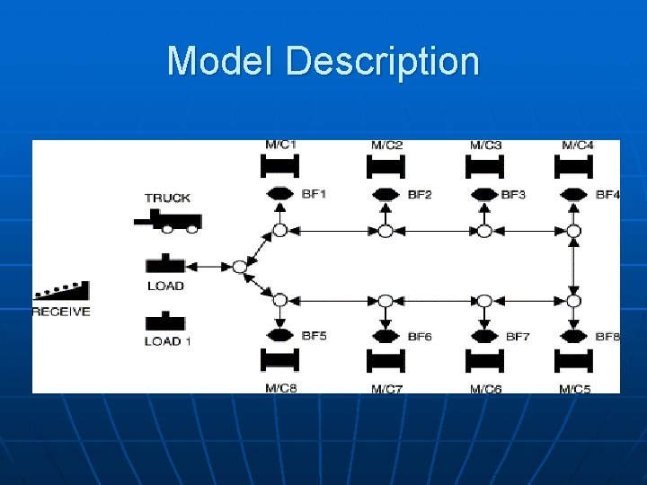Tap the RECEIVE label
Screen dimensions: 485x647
pos(61,312)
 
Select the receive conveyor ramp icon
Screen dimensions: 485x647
pos(61,291)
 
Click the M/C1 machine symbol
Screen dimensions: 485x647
pos(279,166)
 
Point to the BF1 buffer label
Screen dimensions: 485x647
pos(314,194)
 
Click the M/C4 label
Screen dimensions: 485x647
pos(577,145)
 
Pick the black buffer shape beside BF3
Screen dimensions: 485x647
pos(483,194)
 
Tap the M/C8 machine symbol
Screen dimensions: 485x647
pos(279,360)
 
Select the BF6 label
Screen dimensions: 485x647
pos(420,337)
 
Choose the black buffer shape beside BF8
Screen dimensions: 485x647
pos(573,336)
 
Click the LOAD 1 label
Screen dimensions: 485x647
pos(168,341)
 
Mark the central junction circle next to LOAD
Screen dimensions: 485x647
pos(239,267)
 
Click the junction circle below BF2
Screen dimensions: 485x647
pos(385,231)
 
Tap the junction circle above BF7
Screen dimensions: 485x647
pos(484,301)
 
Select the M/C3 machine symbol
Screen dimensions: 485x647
pos(484,166)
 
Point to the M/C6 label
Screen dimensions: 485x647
pos(485,388)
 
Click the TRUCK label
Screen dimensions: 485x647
pos(167,198)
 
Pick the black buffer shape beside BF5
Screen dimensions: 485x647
pos(279,335)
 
